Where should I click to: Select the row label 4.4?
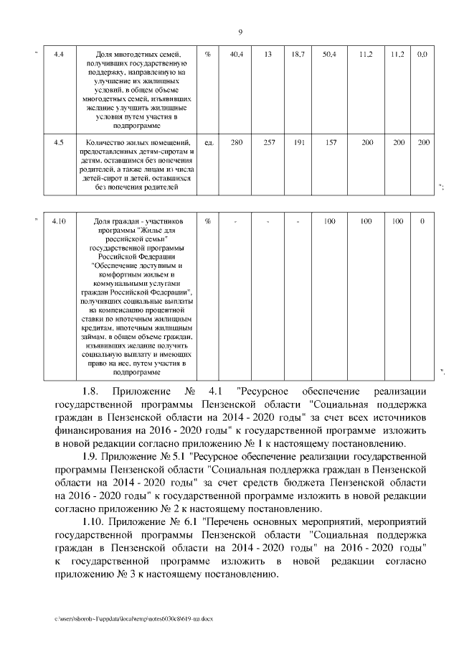tap(60, 55)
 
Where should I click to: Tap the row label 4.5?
tap(60, 143)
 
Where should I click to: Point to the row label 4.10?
tap(60, 221)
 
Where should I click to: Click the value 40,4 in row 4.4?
tap(235, 55)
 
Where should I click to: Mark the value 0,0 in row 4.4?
tap(423, 55)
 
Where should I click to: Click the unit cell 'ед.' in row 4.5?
tap(209, 143)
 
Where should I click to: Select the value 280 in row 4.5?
tap(235, 143)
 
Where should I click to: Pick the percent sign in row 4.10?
tap(208, 221)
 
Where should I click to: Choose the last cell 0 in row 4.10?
tap(423, 221)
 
